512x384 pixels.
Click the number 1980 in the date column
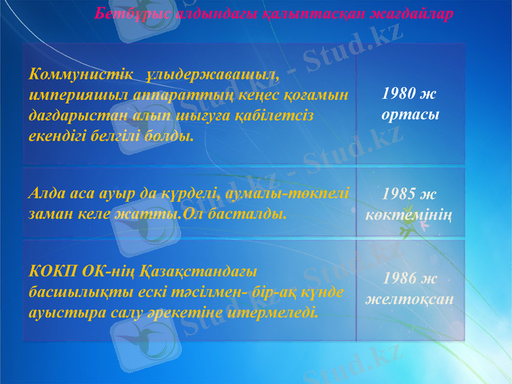pos(397,94)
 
